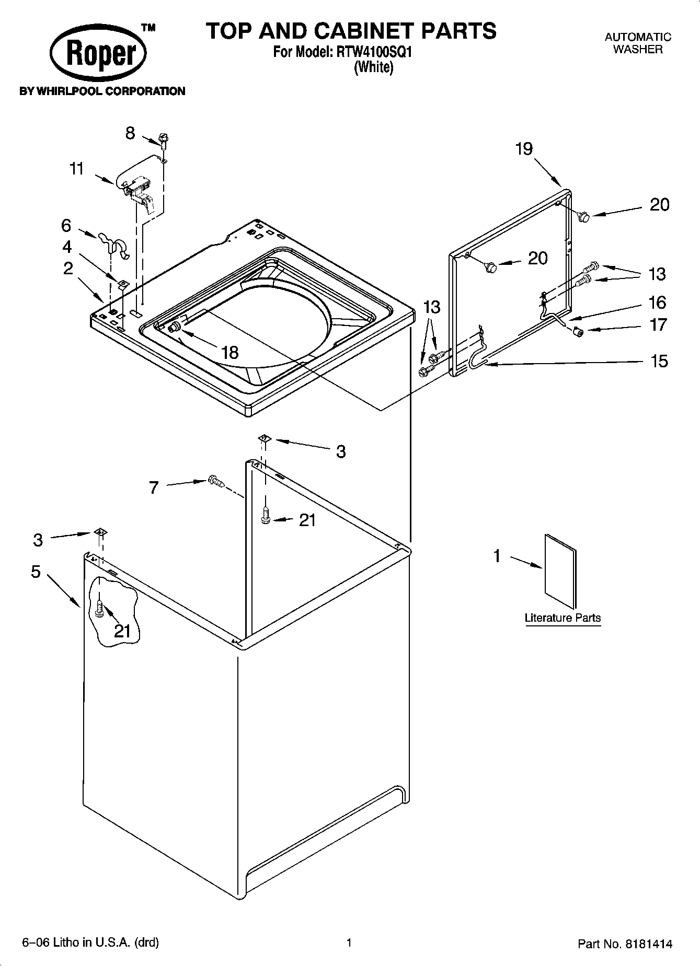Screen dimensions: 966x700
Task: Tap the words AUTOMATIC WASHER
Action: click(x=637, y=43)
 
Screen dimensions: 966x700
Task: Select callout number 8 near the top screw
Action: click(x=130, y=133)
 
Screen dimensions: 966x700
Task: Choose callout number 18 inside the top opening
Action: click(x=229, y=352)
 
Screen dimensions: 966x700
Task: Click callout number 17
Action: click(x=658, y=324)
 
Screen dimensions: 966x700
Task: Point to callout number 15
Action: click(x=659, y=360)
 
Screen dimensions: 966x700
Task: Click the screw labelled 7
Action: click(x=215, y=481)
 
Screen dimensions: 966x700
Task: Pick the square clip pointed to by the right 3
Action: click(x=264, y=439)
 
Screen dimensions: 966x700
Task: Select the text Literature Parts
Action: click(x=563, y=618)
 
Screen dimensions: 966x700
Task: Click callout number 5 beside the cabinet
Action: click(x=36, y=572)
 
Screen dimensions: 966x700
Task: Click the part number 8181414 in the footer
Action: click(x=646, y=944)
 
